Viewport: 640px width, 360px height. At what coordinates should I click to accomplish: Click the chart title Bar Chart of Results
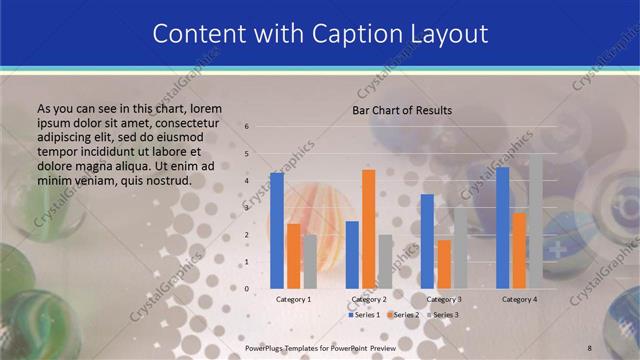[x=401, y=110]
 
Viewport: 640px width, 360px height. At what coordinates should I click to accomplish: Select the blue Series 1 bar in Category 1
[x=277, y=230]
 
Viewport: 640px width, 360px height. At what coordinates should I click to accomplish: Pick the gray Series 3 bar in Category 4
[x=535, y=220]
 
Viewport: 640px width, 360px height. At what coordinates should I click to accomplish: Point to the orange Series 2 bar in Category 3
[x=443, y=263]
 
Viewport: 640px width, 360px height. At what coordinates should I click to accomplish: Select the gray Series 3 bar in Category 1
[x=310, y=261]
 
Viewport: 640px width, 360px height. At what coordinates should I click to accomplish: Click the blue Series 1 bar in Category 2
[x=352, y=254]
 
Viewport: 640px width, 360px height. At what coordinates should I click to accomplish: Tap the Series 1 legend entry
[x=364, y=315]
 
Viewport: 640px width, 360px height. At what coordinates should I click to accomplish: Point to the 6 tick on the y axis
[x=248, y=127]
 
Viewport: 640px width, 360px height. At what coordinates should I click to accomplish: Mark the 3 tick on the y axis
[x=248, y=208]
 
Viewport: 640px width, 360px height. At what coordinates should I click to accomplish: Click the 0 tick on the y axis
[x=248, y=289]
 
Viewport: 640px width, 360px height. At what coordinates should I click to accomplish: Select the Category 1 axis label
[x=293, y=299]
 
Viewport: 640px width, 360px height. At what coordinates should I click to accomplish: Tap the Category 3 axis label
[x=443, y=299]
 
